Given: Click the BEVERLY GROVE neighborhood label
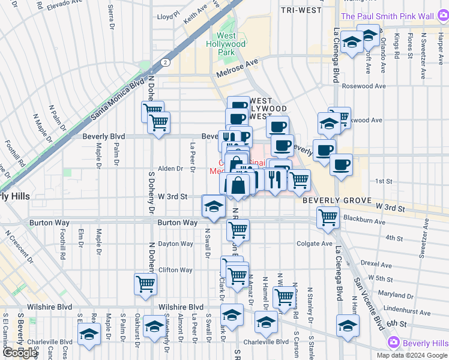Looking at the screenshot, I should [x=333, y=200].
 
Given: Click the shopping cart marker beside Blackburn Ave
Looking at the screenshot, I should [x=328, y=217].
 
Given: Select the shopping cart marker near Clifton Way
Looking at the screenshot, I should [x=146, y=285].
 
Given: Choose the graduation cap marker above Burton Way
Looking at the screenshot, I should [x=212, y=206].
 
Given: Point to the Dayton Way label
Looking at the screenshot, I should [x=175, y=244].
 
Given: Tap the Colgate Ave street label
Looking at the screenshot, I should [x=315, y=244].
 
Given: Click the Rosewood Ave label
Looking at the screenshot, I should [x=364, y=86].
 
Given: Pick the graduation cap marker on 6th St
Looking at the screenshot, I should [x=348, y=325].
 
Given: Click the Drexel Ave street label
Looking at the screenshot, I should [x=377, y=265].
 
